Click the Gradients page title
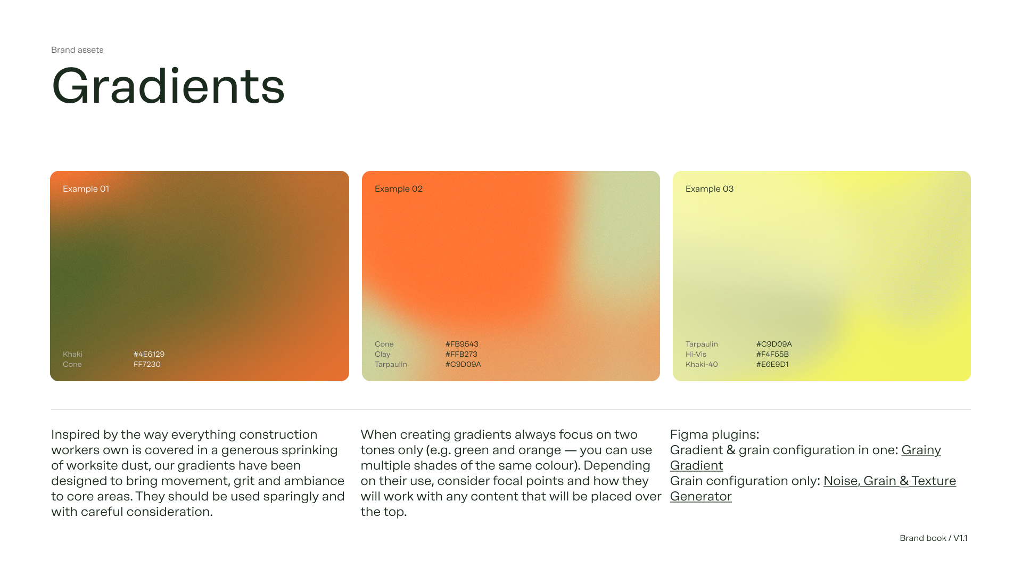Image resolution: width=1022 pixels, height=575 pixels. [168, 86]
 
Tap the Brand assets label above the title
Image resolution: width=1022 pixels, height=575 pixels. [77, 50]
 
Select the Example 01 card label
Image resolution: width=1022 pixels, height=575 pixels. [86, 189]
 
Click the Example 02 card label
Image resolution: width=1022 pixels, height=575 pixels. [398, 189]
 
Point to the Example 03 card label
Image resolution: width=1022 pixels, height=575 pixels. [709, 189]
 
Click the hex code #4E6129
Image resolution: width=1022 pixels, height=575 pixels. [149, 355]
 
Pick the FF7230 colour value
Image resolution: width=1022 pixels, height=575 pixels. [147, 365]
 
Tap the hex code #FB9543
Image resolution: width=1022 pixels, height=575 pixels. [461, 344]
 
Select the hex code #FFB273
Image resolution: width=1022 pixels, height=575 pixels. [461, 355]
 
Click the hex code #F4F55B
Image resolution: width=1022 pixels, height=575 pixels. [772, 355]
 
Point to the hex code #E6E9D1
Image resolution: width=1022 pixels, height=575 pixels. [772, 365]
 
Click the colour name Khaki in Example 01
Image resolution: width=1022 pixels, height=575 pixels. [72, 355]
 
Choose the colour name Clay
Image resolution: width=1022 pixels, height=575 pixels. [382, 355]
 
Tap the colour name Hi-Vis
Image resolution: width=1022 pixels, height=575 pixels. [696, 355]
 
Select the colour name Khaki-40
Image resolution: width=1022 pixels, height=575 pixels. [702, 365]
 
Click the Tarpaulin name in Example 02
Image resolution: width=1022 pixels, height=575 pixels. [391, 365]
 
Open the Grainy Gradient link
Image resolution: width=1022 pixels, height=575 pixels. [921, 450]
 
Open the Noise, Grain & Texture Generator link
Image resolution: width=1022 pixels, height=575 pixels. [889, 481]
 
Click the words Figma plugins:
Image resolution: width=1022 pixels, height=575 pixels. [714, 435]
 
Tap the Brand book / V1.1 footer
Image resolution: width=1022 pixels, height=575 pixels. [933, 538]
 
